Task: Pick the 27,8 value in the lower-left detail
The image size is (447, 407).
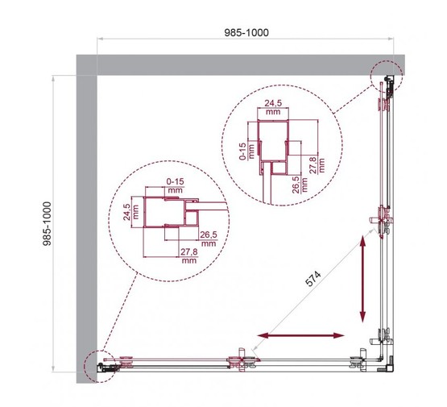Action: pyautogui.click(x=191, y=255)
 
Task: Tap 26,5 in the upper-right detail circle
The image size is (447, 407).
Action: pyautogui.click(x=295, y=197)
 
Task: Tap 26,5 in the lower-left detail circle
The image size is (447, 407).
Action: pyautogui.click(x=208, y=237)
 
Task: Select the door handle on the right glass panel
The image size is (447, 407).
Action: pyautogui.click(x=383, y=220)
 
